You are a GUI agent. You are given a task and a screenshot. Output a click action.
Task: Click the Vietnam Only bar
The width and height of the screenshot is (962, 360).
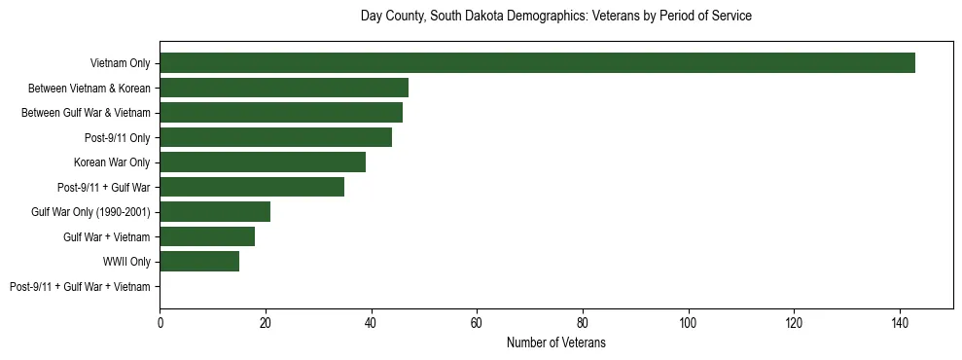coord(537,63)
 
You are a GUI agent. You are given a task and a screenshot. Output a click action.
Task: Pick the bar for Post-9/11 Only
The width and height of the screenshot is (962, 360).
coord(276,137)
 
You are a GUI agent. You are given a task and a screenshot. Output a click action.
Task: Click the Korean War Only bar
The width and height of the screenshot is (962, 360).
coord(263,162)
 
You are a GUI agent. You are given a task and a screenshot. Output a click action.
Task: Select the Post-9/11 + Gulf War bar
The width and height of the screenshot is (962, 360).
coord(252,187)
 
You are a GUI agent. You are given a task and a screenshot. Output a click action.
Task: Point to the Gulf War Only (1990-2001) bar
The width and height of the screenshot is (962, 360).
coord(215,212)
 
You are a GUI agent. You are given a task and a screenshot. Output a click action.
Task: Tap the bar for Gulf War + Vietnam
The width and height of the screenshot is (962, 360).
coord(207,236)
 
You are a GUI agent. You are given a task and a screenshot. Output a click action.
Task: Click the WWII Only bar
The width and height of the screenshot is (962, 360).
coord(199,262)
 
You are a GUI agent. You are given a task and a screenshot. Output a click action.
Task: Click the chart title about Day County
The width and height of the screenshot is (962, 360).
coord(555,17)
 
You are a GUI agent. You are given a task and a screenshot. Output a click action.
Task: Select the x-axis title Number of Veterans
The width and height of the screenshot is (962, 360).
coord(555,342)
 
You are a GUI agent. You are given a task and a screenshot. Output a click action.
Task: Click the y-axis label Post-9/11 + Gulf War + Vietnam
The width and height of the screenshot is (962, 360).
coord(80,287)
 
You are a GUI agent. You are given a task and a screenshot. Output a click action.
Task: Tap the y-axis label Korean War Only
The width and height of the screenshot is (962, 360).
coord(112,162)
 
